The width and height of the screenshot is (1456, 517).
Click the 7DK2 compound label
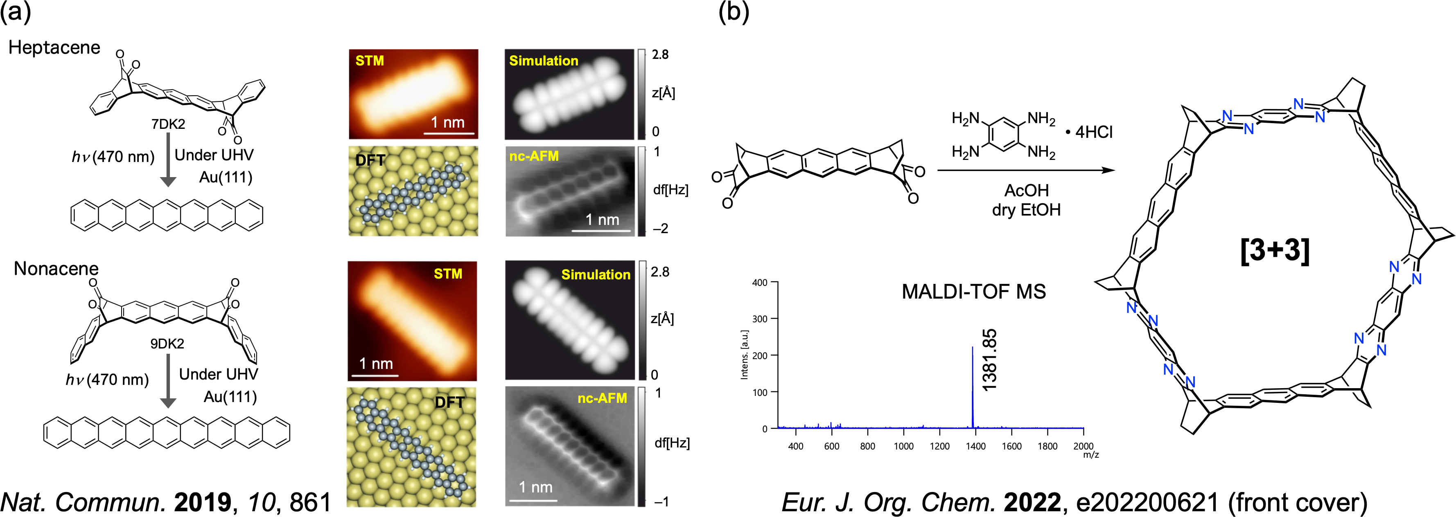tap(168, 124)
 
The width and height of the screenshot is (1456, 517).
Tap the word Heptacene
tap(54, 47)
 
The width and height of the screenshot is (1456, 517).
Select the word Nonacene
tap(56, 268)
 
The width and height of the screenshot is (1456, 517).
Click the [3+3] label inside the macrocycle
tap(1275, 250)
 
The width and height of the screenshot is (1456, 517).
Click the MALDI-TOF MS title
tap(973, 292)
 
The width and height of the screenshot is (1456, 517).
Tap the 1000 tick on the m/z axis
tap(903, 446)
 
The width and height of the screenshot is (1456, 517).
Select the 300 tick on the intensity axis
tap(760, 319)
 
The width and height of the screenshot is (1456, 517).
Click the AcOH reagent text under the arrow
tap(1027, 191)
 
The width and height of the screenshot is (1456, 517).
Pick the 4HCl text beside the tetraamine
tap(1094, 132)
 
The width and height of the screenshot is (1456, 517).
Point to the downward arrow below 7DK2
tap(168, 160)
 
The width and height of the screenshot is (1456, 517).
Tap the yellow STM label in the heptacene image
tap(370, 61)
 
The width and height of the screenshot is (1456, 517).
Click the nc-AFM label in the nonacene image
tap(602, 398)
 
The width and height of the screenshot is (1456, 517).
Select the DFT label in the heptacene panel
tap(370, 160)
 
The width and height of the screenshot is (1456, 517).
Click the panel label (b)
tap(734, 12)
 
